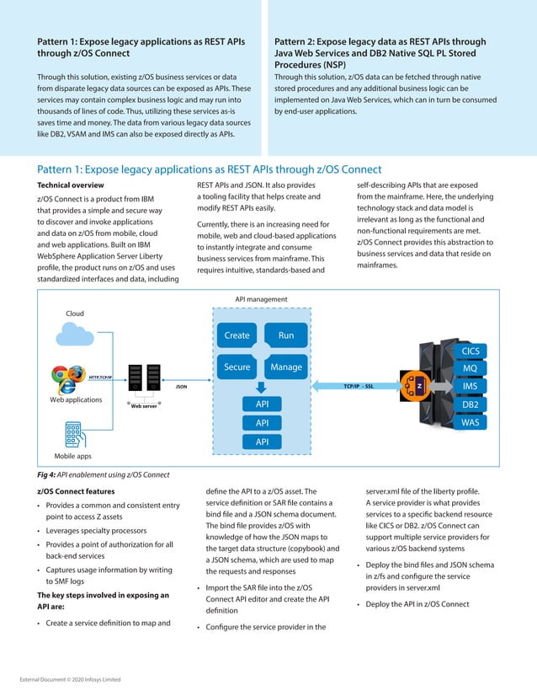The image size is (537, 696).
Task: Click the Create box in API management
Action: [x=237, y=335]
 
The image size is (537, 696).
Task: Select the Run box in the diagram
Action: [x=286, y=335]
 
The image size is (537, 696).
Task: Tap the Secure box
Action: [x=237, y=367]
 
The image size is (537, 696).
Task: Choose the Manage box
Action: [x=286, y=367]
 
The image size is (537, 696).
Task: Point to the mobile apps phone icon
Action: [x=72, y=433]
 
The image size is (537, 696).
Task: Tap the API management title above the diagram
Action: [x=261, y=299]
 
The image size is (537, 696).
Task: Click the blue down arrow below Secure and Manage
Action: [x=262, y=387]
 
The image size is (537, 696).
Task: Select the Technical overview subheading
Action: [x=71, y=185]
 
